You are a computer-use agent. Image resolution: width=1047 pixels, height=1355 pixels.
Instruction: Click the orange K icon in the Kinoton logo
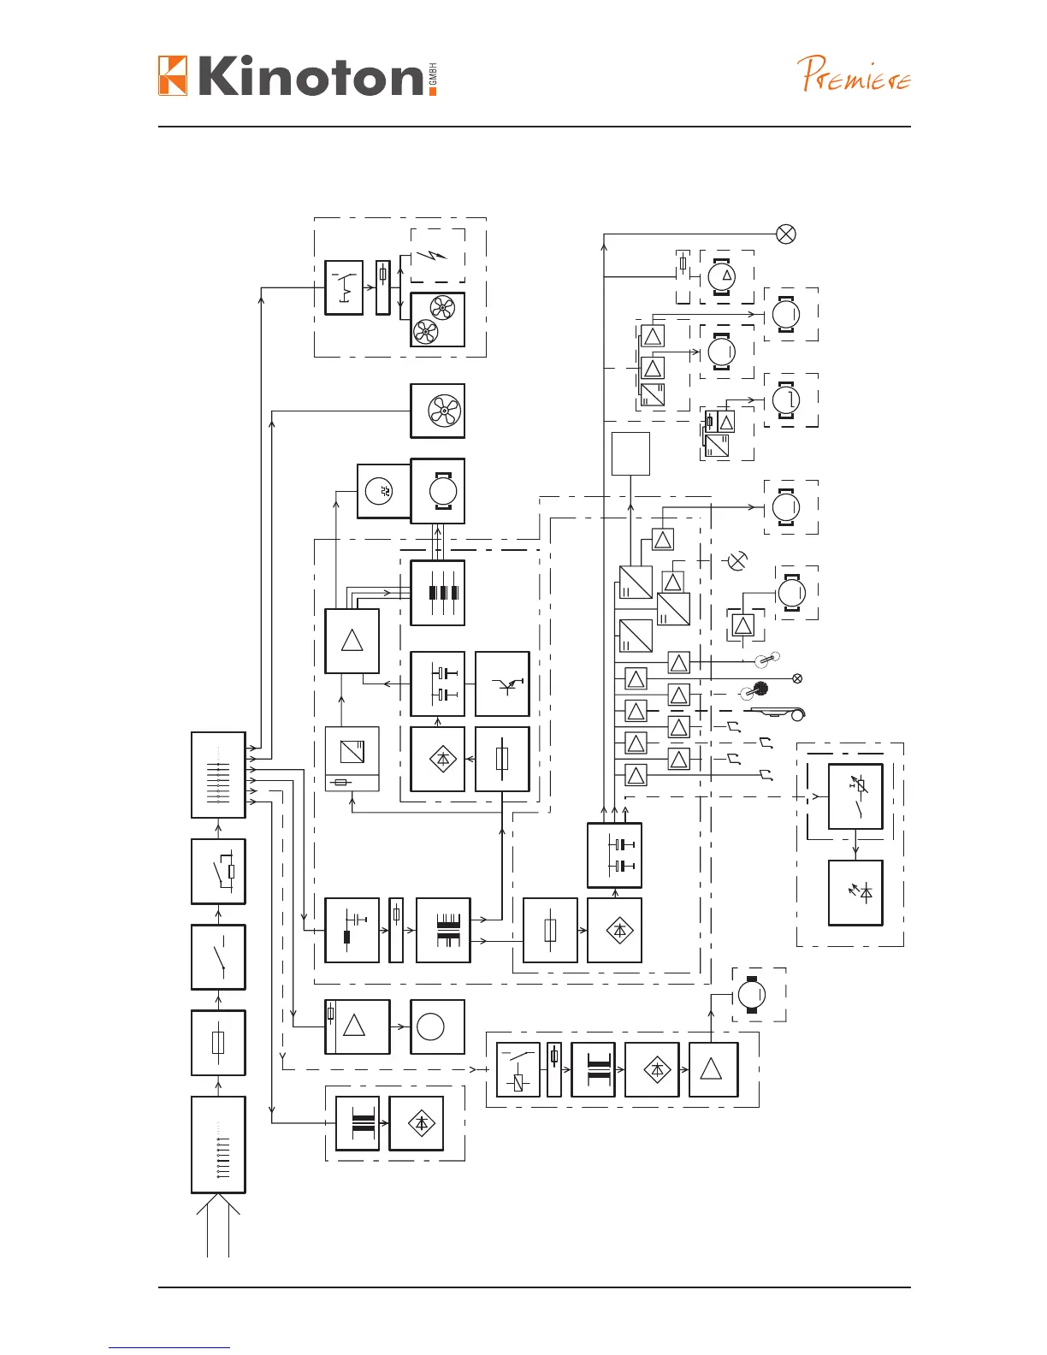(173, 75)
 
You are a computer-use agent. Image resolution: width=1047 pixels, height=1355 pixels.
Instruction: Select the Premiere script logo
(855, 75)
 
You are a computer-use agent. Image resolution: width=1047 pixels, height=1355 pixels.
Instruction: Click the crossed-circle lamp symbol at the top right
(785, 234)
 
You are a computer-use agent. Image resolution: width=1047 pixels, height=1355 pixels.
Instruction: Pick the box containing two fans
(437, 320)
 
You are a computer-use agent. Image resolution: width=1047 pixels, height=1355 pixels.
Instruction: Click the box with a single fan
(437, 411)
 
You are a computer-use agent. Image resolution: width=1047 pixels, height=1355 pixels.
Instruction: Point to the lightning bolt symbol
(436, 254)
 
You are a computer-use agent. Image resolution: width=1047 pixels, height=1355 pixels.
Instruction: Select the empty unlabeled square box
(630, 453)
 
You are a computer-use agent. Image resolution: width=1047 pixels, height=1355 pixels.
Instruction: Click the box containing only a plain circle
(437, 1027)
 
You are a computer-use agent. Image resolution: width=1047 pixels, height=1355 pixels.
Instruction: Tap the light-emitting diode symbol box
(855, 892)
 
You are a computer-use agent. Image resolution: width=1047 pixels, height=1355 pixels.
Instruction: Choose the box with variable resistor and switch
(855, 796)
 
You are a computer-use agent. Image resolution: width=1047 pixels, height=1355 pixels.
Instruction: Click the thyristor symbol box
(502, 683)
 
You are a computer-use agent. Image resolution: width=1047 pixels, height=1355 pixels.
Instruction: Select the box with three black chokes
(437, 593)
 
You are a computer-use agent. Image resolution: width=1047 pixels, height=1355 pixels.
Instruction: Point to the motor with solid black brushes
(751, 995)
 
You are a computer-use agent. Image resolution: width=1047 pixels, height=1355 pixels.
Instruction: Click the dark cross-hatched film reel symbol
(758, 689)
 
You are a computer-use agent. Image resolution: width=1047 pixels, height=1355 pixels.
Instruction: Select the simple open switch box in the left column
(218, 957)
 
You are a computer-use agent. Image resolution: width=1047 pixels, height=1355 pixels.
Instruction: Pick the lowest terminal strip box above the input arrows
(218, 1145)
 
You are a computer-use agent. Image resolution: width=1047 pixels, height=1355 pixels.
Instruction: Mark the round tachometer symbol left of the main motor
(382, 491)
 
